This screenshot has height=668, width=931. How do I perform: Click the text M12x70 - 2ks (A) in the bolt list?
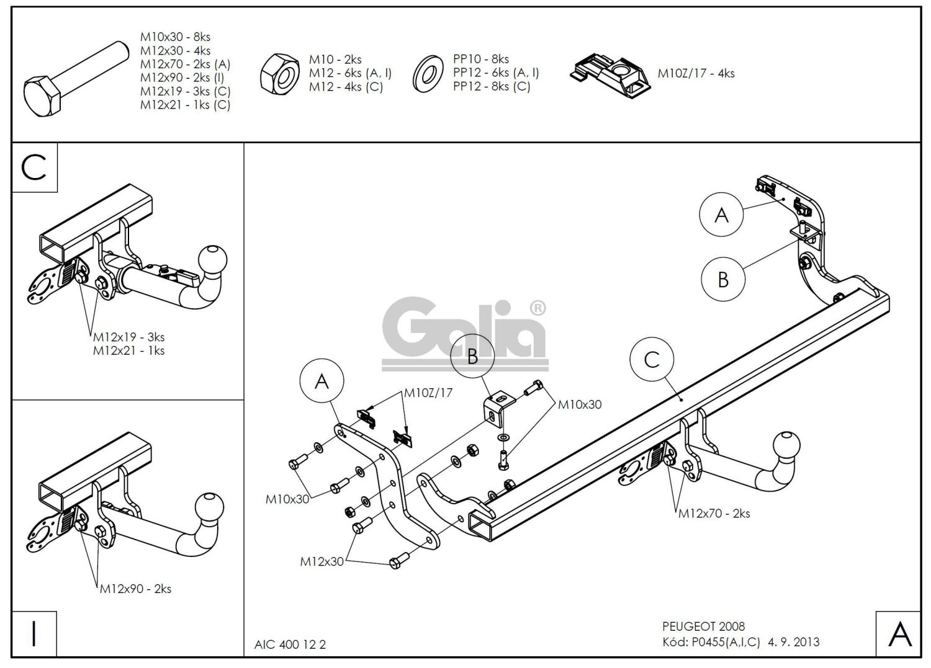[184, 65]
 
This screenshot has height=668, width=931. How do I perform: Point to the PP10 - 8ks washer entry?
[481, 59]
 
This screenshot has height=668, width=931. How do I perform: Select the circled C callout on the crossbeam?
[652, 360]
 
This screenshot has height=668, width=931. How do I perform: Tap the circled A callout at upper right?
[721, 215]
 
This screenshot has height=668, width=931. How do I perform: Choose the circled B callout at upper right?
[723, 280]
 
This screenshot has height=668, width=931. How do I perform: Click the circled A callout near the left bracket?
[322, 381]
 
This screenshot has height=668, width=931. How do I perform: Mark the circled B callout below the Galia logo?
[472, 357]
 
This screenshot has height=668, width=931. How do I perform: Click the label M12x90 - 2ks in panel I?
[135, 589]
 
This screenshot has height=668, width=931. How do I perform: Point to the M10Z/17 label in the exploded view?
[428, 393]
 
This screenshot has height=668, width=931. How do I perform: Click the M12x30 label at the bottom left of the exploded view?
[322, 561]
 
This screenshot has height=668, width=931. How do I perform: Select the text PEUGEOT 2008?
[703, 626]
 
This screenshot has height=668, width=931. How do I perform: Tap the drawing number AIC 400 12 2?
[290, 644]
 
